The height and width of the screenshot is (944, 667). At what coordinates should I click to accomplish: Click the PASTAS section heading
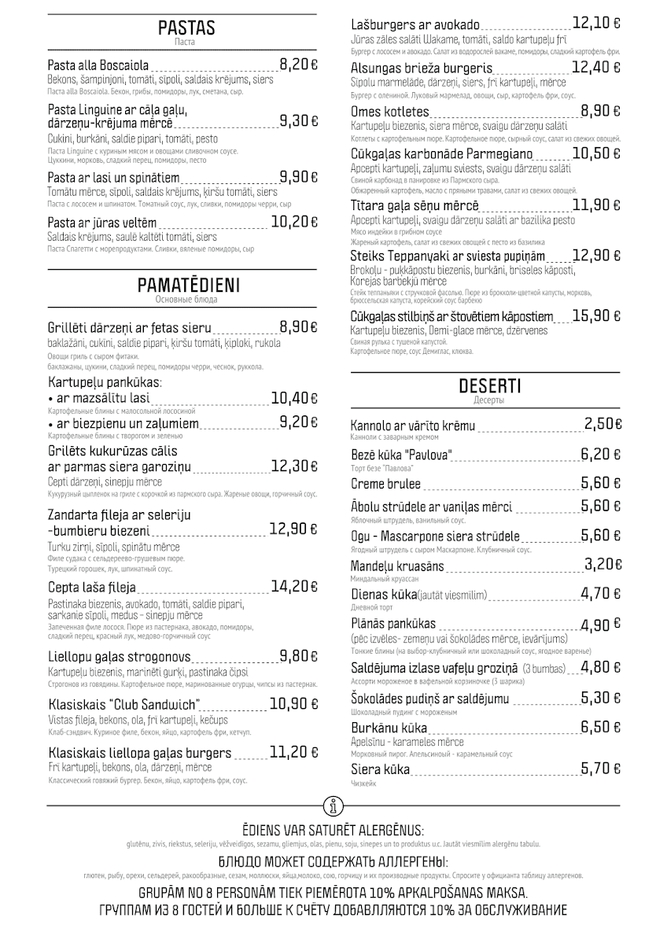click(x=186, y=28)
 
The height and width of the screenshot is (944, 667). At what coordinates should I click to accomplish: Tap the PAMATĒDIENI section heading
click(x=188, y=285)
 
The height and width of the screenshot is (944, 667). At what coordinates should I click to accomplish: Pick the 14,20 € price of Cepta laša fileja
click(x=294, y=586)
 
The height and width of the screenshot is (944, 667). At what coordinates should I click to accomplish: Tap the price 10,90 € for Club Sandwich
click(x=293, y=704)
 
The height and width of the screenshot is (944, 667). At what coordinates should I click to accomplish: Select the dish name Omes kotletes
click(x=390, y=112)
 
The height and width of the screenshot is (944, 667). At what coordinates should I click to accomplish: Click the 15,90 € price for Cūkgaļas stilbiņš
click(x=597, y=316)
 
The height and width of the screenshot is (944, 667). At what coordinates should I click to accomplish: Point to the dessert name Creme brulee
click(x=385, y=484)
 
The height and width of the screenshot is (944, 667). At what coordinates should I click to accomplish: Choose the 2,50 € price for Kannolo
click(x=603, y=424)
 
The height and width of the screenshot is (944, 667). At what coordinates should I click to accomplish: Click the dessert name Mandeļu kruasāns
click(x=397, y=566)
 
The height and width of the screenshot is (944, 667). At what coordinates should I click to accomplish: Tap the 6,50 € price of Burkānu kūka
click(x=602, y=727)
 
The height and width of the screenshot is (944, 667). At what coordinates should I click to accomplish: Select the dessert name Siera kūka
click(x=380, y=769)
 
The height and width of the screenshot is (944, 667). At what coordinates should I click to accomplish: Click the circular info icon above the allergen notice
click(x=333, y=806)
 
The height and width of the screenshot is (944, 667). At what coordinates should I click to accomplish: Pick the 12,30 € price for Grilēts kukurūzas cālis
click(x=294, y=466)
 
